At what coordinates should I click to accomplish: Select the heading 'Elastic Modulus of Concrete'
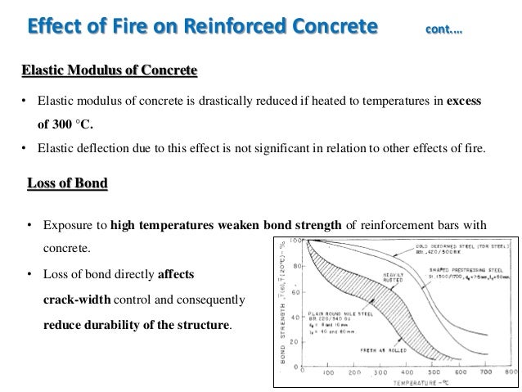[x=109, y=71]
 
